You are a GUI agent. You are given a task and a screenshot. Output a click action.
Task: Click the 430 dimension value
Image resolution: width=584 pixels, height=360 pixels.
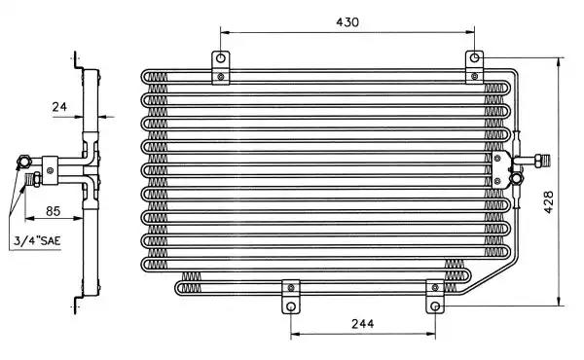(x=347, y=22)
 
